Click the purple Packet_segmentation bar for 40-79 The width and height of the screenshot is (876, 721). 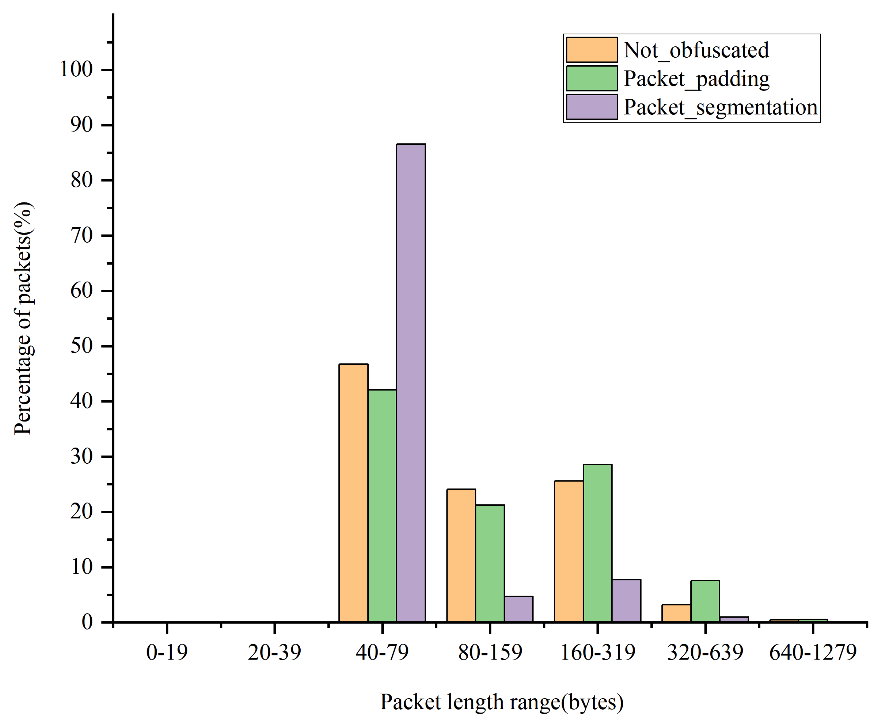411,382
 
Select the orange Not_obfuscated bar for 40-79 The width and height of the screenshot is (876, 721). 353,492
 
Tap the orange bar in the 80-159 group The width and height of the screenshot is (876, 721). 461,555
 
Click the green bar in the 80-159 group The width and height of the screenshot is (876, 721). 490,563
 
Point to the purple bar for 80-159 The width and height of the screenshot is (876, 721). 519,609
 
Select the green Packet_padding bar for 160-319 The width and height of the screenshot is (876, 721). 597,543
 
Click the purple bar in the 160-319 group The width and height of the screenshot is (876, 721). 626,601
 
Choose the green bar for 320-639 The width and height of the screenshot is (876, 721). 705,601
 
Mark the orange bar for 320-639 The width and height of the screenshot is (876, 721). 676,613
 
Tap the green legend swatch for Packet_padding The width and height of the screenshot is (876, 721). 591,78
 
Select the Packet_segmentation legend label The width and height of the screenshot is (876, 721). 720,107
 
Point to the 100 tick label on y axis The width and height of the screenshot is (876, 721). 76,69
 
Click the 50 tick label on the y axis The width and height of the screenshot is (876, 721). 81,346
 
